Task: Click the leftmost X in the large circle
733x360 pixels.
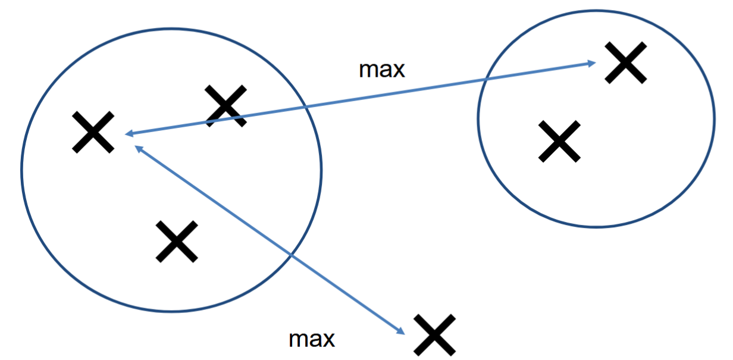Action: (93, 132)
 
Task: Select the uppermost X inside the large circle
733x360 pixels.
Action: (225, 105)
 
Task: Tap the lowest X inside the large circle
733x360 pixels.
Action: (177, 241)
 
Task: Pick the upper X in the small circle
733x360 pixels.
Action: (625, 62)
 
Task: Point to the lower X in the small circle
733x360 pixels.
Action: (559, 141)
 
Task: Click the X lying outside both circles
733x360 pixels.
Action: (436, 334)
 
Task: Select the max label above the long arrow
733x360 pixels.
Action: (381, 70)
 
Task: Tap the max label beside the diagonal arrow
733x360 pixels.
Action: (312, 339)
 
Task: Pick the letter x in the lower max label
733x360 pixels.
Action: (328, 340)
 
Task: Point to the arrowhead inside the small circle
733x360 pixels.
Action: (592, 62)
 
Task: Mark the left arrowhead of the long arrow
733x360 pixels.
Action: (127, 134)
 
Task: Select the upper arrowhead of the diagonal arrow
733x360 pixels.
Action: (137, 147)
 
